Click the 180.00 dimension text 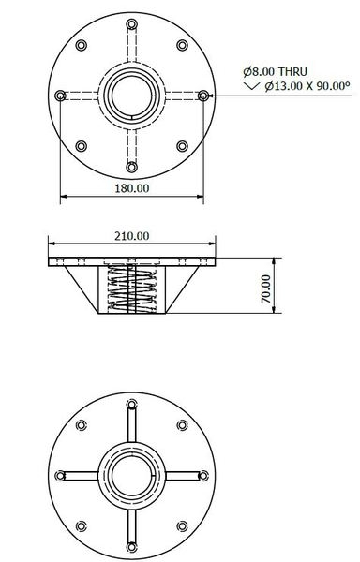click(x=131, y=188)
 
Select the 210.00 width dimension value click(x=131, y=236)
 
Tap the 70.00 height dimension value click(x=265, y=288)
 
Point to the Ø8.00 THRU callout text click(x=272, y=71)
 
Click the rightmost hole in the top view click(x=203, y=95)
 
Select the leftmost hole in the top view click(x=61, y=95)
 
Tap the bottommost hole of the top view click(x=132, y=166)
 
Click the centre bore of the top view click(x=132, y=95)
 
